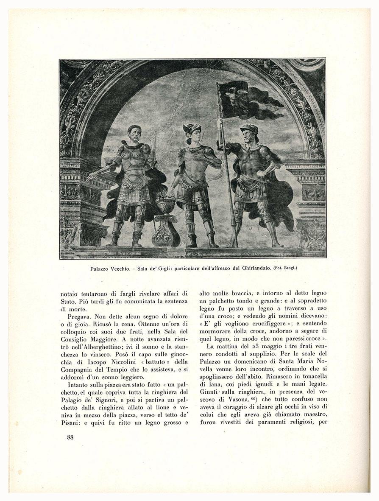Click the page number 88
70,437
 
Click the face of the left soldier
134,134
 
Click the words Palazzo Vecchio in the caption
109,269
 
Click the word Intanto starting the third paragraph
78,388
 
